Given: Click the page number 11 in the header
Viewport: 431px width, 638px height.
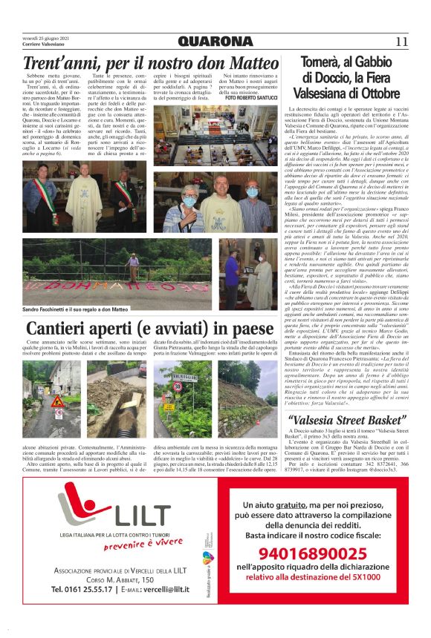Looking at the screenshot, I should [x=403, y=41].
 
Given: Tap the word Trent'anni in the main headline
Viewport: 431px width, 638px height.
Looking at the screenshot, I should [x=52, y=64].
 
